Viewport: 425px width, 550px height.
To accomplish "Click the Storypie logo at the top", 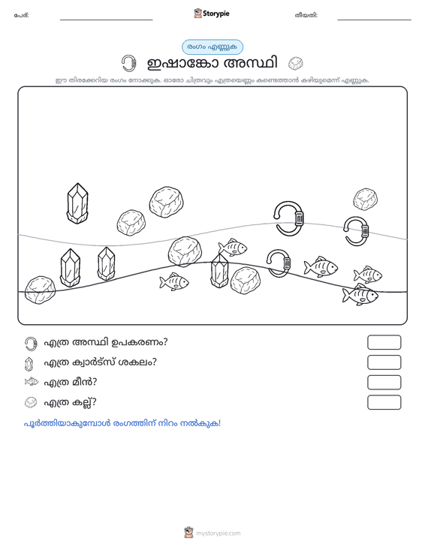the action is (x=212, y=14).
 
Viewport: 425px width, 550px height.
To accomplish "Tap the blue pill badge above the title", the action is (x=212, y=47).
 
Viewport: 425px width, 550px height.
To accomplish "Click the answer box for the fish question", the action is (x=384, y=383).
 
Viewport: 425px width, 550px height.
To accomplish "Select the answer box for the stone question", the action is (x=384, y=402).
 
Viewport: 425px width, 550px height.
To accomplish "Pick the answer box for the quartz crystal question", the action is (x=384, y=362).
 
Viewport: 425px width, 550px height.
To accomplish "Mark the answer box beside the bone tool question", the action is (x=384, y=342).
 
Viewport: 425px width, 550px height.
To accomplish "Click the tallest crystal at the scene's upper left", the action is (x=77, y=203).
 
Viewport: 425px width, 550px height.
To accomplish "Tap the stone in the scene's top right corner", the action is (x=366, y=200).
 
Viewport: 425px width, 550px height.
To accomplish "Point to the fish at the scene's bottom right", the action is (x=360, y=295).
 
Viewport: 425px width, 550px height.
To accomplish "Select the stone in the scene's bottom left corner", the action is (x=40, y=290).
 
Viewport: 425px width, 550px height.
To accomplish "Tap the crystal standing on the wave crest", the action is (x=219, y=270).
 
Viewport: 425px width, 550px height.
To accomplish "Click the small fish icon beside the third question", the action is (x=32, y=382).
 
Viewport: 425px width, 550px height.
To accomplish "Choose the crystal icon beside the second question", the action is (x=29, y=364).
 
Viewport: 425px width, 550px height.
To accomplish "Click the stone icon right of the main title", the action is (x=296, y=64).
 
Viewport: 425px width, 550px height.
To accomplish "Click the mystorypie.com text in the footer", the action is (x=218, y=533).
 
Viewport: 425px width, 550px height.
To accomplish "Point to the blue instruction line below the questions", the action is (x=122, y=423).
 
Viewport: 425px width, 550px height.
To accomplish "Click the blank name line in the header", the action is (x=107, y=20).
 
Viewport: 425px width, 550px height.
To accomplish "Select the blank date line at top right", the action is (x=374, y=20).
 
